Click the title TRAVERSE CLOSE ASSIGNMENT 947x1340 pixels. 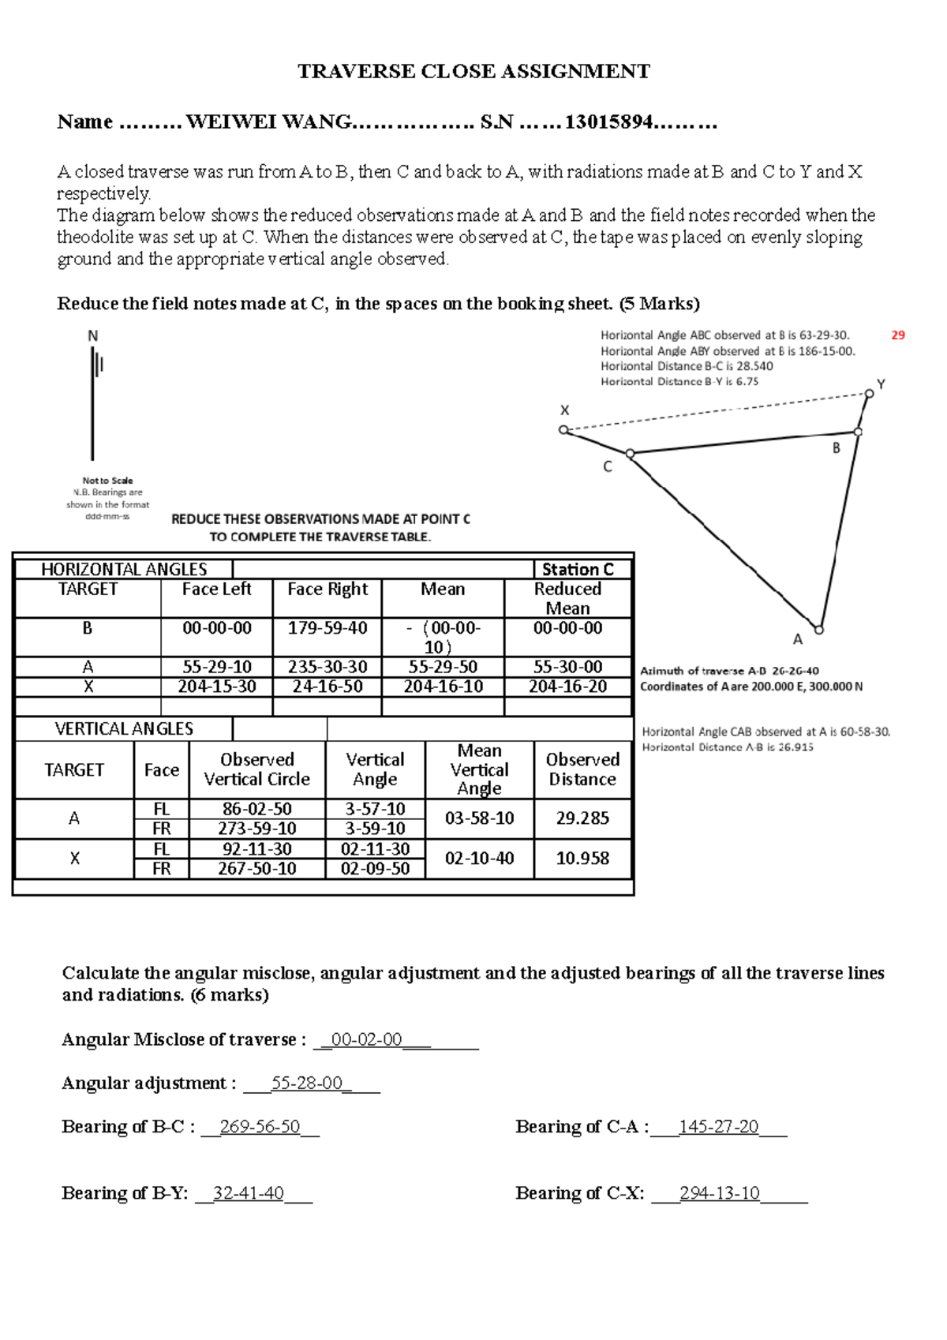click(x=473, y=72)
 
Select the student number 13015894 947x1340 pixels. click(x=608, y=122)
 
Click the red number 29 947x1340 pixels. click(x=898, y=335)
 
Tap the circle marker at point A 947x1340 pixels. click(x=819, y=630)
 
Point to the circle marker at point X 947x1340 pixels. click(x=563, y=430)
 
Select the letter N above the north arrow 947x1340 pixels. click(x=92, y=336)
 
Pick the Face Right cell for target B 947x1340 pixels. click(x=328, y=628)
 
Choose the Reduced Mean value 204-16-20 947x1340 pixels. click(x=567, y=687)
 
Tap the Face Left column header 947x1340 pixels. click(x=216, y=590)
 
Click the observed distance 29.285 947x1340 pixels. click(x=582, y=818)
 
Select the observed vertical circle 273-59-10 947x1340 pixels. click(x=257, y=829)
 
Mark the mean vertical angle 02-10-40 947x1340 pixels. click(x=479, y=859)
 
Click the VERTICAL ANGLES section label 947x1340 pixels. click(x=124, y=729)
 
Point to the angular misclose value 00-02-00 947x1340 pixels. click(x=367, y=1040)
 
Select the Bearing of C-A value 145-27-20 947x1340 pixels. click(x=718, y=1127)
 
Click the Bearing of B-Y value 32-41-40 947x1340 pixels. click(x=248, y=1193)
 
